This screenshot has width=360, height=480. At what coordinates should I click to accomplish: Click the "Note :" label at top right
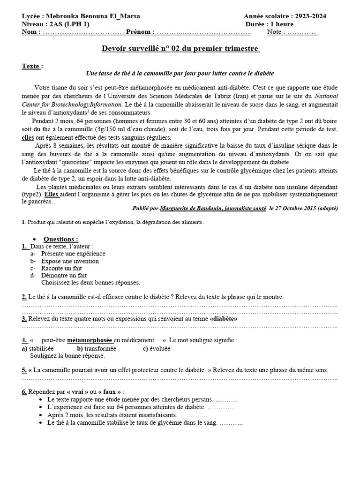pos(276,32)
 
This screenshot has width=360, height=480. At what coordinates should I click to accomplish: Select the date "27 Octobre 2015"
pos(292,208)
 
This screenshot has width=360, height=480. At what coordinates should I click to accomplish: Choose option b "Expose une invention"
pos(70,261)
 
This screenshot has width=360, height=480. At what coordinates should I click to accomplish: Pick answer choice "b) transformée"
pos(97,349)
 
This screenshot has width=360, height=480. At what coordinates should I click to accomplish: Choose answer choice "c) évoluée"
pos(157,349)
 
